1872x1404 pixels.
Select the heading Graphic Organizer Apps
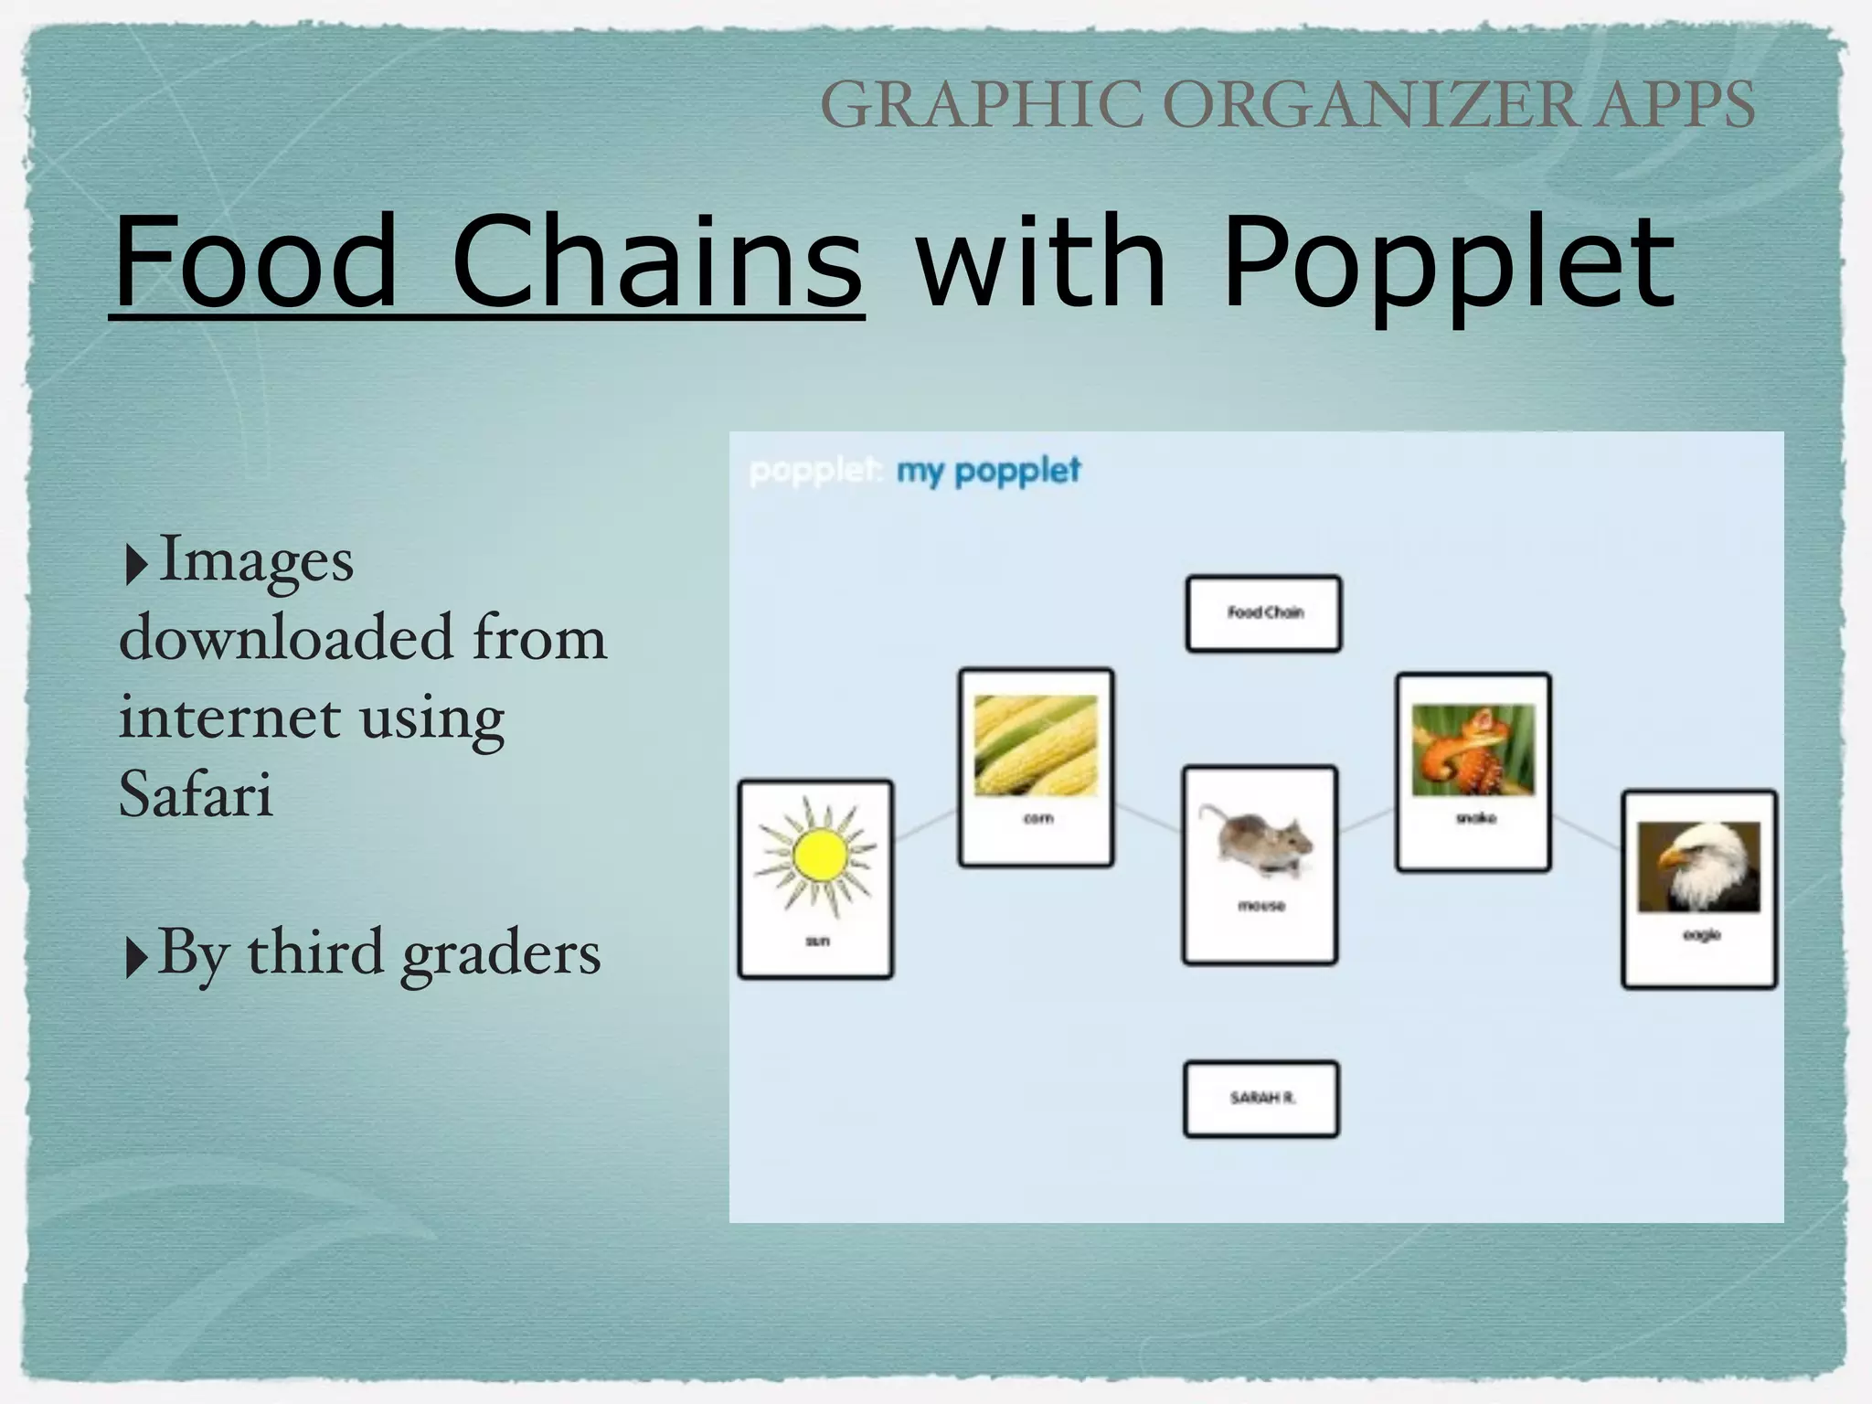[x=1287, y=105]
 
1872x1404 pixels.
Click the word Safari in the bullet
[x=196, y=793]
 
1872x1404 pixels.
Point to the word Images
[x=256, y=559]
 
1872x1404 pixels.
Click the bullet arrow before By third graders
[x=135, y=957]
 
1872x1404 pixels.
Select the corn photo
[x=1036, y=745]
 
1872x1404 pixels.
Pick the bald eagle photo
[x=1698, y=867]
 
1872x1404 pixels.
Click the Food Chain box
[x=1264, y=613]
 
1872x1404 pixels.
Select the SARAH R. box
[x=1261, y=1098]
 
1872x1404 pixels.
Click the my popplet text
[x=988, y=472]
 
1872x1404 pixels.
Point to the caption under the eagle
[x=1701, y=935]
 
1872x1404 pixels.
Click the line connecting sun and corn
[x=925, y=824]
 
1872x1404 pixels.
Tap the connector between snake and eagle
[x=1587, y=833]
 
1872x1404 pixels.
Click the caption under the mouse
[x=1260, y=906]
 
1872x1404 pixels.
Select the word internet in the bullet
[x=229, y=717]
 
